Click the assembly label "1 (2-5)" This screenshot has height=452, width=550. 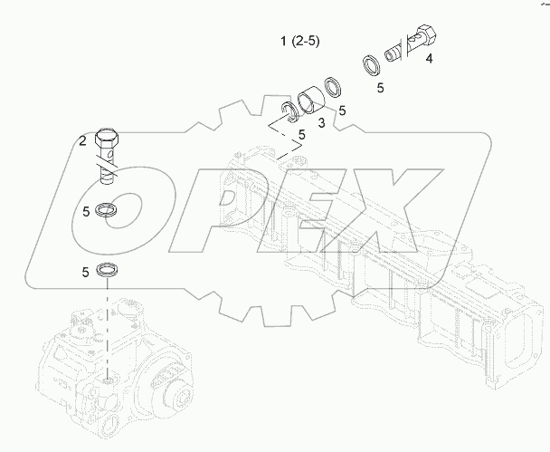(299, 42)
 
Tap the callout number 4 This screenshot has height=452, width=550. (428, 59)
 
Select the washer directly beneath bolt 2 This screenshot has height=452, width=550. (107, 209)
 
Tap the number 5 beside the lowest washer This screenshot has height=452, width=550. (84, 271)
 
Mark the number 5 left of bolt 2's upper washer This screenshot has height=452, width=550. (84, 212)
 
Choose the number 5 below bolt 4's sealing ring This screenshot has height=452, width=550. (381, 89)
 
